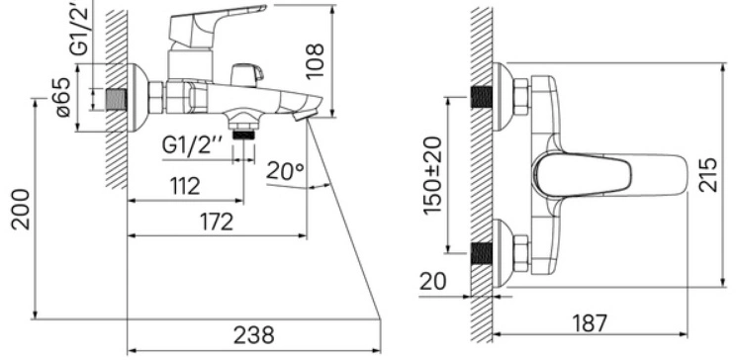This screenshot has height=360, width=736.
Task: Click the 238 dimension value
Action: click(x=253, y=335)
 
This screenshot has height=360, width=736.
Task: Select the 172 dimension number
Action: click(x=217, y=222)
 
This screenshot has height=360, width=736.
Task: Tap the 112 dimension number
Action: click(x=185, y=186)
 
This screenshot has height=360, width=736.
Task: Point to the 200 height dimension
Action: click(x=20, y=210)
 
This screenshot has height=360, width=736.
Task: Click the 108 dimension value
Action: click(x=315, y=60)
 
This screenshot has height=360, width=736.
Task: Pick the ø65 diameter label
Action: click(x=63, y=97)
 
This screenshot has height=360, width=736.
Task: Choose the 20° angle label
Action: click(x=285, y=171)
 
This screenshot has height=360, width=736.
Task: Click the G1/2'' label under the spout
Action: click(x=192, y=145)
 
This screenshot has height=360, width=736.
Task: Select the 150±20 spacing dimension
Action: click(x=432, y=175)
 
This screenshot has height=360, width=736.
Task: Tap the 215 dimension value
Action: click(x=708, y=175)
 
